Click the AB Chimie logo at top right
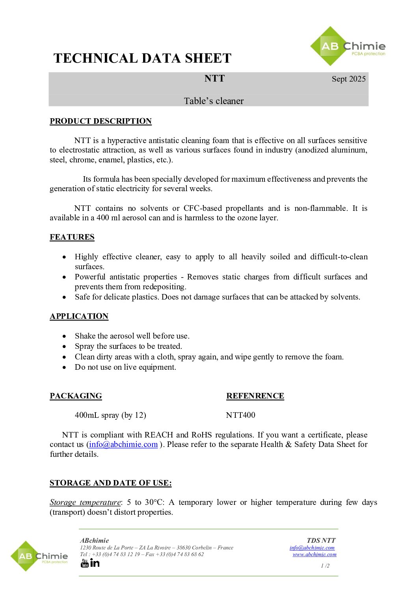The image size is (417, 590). tap(347, 47)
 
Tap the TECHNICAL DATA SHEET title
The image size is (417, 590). tap(142, 58)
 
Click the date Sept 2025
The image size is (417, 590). tap(348, 79)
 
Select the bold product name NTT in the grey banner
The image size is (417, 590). tap(214, 78)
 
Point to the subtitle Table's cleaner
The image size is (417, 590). tap(214, 101)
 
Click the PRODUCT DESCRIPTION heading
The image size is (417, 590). tap(101, 121)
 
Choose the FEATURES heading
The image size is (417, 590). tap(72, 237)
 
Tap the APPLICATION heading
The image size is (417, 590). tap(79, 316)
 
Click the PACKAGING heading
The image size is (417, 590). tap(76, 396)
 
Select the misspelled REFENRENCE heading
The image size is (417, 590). tap(255, 396)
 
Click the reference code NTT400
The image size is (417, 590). tap(240, 415)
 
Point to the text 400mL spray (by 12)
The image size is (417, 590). tap(110, 415)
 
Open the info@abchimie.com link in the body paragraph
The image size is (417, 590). tap(123, 444)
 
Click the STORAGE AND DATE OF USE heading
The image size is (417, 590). tap(110, 483)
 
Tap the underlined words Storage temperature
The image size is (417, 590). tap(85, 502)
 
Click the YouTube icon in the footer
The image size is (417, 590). tap(85, 563)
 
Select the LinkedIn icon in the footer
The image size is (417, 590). tap(95, 563)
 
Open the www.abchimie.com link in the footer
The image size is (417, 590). tap(315, 554)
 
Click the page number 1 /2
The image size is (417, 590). tap(325, 566)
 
